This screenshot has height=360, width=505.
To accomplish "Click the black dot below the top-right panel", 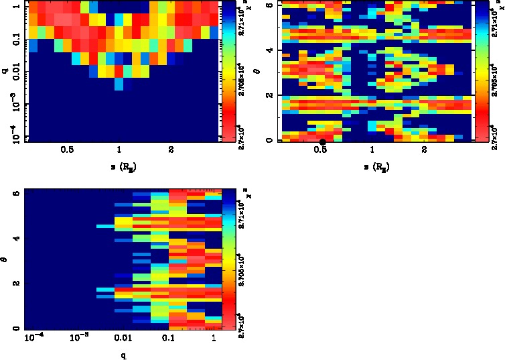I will coord(323,141).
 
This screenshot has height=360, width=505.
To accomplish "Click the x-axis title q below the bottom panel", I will coord(124,355).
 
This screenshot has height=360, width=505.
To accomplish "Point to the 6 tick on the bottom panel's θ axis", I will coord(16,192).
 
